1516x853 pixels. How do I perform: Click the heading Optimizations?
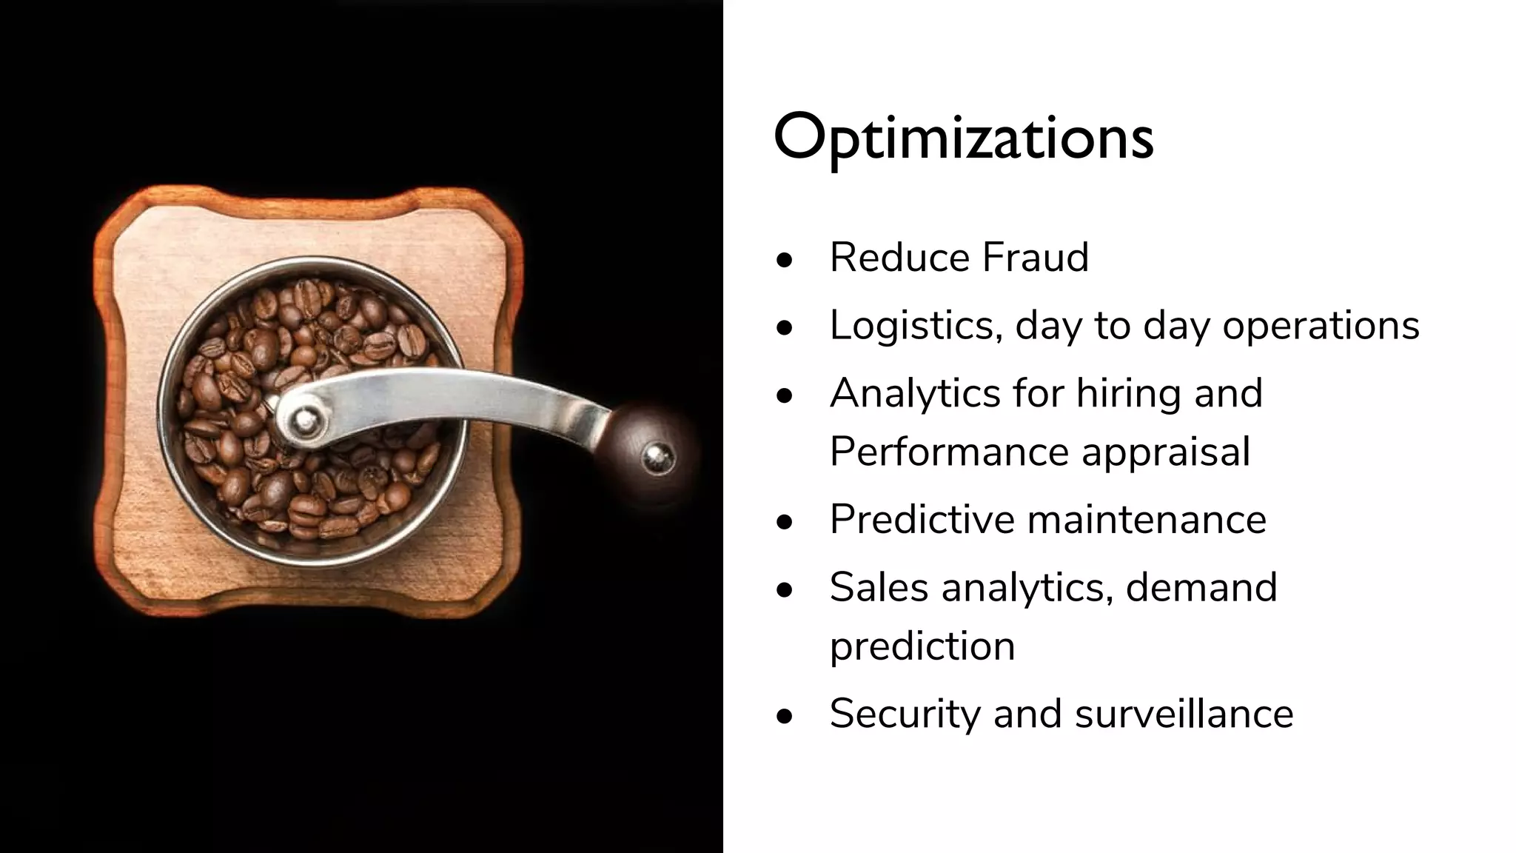[x=963, y=138]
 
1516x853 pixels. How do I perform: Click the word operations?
[x=1321, y=326]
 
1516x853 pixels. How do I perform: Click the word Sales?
[x=879, y=587]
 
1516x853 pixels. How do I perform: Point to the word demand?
[x=1201, y=587]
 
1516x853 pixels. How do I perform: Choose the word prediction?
[x=922, y=646]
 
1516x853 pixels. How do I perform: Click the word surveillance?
[x=1184, y=714]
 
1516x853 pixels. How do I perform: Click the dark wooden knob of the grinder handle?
[x=648, y=453]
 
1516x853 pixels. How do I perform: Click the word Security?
[x=904, y=714]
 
